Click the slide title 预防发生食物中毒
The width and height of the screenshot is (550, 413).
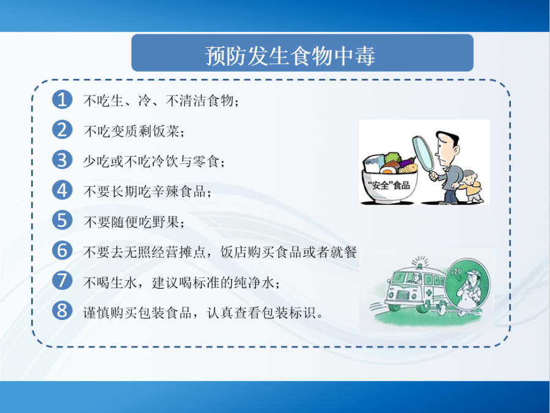click(290, 56)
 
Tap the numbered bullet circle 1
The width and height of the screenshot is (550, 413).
click(62, 99)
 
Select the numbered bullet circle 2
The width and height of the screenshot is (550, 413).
click(62, 130)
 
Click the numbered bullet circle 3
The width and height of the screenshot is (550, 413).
click(62, 160)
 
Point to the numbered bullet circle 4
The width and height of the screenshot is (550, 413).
click(62, 190)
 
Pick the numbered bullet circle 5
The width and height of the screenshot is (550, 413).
click(62, 220)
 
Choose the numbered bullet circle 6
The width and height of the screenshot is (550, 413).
click(62, 250)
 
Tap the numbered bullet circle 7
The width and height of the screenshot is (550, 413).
click(62, 281)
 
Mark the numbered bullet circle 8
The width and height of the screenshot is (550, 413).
click(62, 311)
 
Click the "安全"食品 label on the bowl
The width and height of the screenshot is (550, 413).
click(389, 185)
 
